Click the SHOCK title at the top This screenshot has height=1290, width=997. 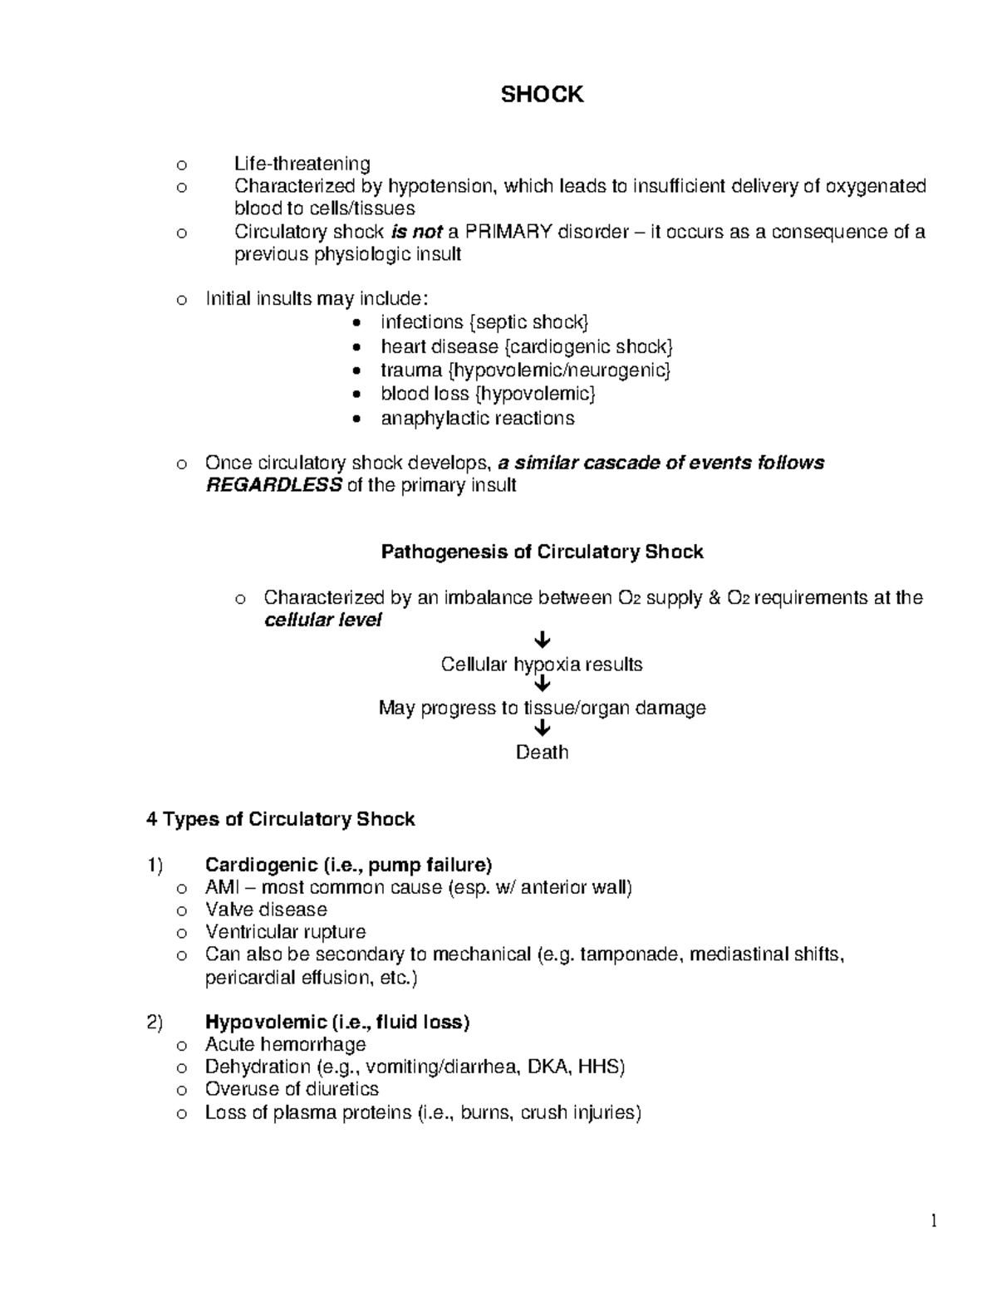pyautogui.click(x=542, y=95)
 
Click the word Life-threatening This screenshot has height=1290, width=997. pyautogui.click(x=302, y=164)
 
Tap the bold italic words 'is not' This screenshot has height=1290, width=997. pyautogui.click(x=415, y=232)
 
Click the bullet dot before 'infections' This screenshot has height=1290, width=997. pyautogui.click(x=356, y=323)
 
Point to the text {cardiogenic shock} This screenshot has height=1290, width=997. pyautogui.click(x=587, y=346)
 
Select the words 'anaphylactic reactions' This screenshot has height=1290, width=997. pyautogui.click(x=477, y=418)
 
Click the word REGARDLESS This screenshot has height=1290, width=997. pyautogui.click(x=273, y=485)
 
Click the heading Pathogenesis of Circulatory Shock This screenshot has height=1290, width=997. pyautogui.click(x=542, y=552)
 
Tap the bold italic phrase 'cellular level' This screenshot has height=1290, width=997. pyautogui.click(x=322, y=620)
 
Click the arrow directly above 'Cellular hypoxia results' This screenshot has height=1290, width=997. pyautogui.click(x=543, y=640)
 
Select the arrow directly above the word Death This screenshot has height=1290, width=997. pyautogui.click(x=543, y=728)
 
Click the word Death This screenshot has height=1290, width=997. pyautogui.click(x=542, y=752)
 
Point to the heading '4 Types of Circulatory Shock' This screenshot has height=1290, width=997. pyautogui.click(x=280, y=819)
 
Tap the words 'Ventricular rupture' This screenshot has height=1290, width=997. pyautogui.click(x=285, y=932)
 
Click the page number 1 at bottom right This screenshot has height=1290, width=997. pyautogui.click(x=934, y=1220)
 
